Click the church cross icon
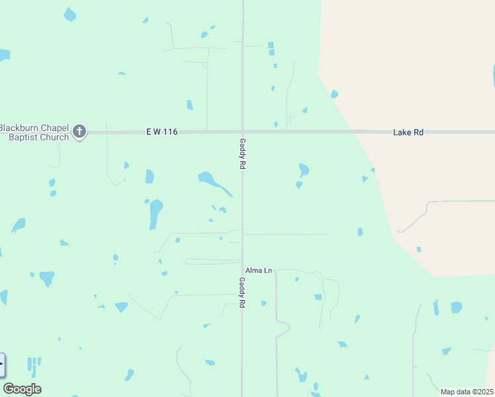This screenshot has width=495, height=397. coord(79,131)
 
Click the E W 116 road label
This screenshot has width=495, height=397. coord(162,132)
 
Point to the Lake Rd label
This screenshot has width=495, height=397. coord(408,132)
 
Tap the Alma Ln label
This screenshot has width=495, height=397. coord(259,271)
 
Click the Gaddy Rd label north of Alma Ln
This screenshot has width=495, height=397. coord(243,155)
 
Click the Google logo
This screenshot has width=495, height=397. coord(22,389)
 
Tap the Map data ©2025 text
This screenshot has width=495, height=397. coord(467,392)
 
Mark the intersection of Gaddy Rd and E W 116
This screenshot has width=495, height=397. coord(242,132)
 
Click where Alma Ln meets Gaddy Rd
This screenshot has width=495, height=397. coord(242,270)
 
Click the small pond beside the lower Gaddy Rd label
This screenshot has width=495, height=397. coord(263,304)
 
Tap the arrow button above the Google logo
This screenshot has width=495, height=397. coord(2,365)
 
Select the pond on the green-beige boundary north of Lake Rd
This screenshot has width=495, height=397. coord(334,94)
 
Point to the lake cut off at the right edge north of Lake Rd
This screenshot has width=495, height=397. coord(493,76)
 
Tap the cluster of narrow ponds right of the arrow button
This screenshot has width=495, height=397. coord(34,363)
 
